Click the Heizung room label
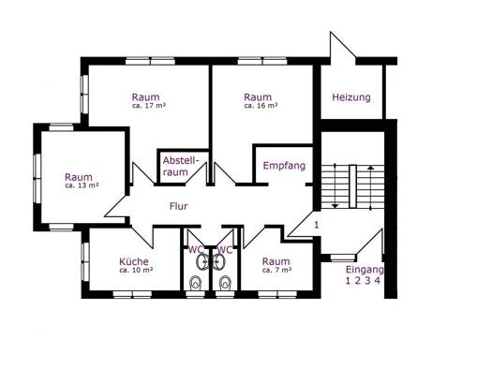(351, 97)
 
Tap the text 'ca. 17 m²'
(149, 106)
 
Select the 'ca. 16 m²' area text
(261, 106)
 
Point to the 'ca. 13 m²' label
(82, 185)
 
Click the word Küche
(134, 261)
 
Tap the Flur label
(179, 206)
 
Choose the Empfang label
(284, 166)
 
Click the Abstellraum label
(181, 166)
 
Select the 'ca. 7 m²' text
(277, 270)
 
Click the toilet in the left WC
(196, 283)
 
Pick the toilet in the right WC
(225, 283)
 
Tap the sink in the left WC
(202, 261)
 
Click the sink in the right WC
(219, 261)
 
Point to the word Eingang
(365, 270)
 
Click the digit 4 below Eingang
(378, 281)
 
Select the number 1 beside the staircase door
(317, 225)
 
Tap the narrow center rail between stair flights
(353, 186)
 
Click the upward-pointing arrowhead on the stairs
(370, 168)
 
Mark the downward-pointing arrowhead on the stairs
(335, 206)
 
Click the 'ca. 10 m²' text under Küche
(136, 270)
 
